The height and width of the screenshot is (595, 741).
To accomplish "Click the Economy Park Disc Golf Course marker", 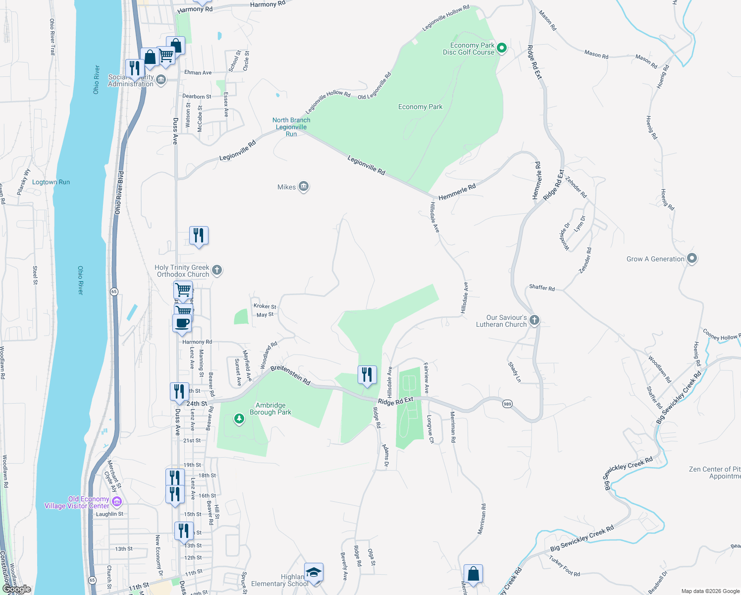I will click(502, 48).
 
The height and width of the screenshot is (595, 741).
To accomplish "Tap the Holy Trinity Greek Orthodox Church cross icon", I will click(216, 270).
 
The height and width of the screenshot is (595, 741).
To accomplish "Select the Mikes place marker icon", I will click(304, 187).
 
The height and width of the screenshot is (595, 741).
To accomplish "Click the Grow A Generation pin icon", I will click(692, 258).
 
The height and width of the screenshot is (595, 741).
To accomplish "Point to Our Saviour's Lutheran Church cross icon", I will click(534, 320).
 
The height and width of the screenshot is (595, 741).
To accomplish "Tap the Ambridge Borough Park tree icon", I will click(239, 419).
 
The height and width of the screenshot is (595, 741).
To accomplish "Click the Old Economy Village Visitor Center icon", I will click(117, 502).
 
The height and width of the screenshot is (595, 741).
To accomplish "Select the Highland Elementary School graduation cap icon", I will click(314, 573).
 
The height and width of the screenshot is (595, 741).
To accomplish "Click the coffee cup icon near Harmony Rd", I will click(182, 323).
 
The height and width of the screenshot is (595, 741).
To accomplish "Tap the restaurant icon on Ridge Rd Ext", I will click(367, 374).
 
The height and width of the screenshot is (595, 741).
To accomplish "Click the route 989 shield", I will click(507, 404).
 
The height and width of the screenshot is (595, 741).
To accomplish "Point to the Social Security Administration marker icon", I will click(161, 80).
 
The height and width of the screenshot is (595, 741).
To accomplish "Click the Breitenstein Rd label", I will click(290, 375).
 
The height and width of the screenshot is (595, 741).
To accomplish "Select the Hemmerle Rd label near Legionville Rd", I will click(457, 192).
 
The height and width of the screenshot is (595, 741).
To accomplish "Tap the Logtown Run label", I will click(51, 182).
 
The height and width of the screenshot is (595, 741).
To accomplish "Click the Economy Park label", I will click(420, 107).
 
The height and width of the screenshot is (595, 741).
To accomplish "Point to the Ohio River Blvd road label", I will click(119, 193).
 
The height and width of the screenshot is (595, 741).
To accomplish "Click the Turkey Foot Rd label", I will click(564, 566).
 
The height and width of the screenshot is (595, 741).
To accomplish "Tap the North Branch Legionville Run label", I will click(291, 127).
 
